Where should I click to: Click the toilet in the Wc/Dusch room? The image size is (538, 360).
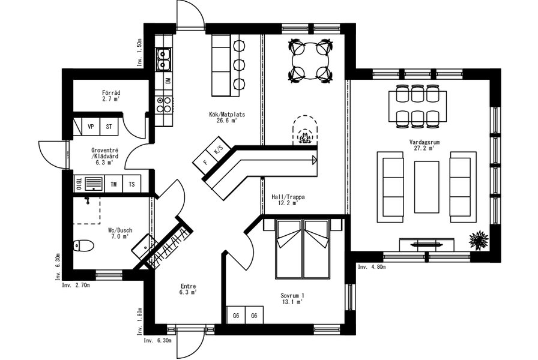[83, 245]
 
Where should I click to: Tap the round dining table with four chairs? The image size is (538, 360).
[311, 61]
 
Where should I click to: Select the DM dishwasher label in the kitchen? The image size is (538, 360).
[168, 80]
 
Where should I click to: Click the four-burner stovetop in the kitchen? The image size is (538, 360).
[164, 104]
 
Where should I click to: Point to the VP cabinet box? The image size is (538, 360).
[91, 127]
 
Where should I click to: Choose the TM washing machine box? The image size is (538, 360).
[113, 184]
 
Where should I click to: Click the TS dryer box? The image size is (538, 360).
[131, 184]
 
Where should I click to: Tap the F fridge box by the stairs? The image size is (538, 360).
[205, 163]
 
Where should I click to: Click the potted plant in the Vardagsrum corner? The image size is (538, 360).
[479, 240]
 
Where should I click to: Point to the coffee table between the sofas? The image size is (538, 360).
[426, 187]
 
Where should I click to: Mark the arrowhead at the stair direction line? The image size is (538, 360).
[314, 159]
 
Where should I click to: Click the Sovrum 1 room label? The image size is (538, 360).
[292, 296]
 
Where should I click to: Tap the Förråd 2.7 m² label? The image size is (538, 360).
[111, 95]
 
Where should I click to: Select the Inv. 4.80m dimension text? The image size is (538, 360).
[372, 267]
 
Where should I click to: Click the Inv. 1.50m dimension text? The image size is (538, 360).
[139, 52]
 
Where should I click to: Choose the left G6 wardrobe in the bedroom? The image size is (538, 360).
[236, 316]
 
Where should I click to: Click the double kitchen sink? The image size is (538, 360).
[163, 59]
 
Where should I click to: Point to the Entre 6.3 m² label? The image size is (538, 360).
[188, 289]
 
